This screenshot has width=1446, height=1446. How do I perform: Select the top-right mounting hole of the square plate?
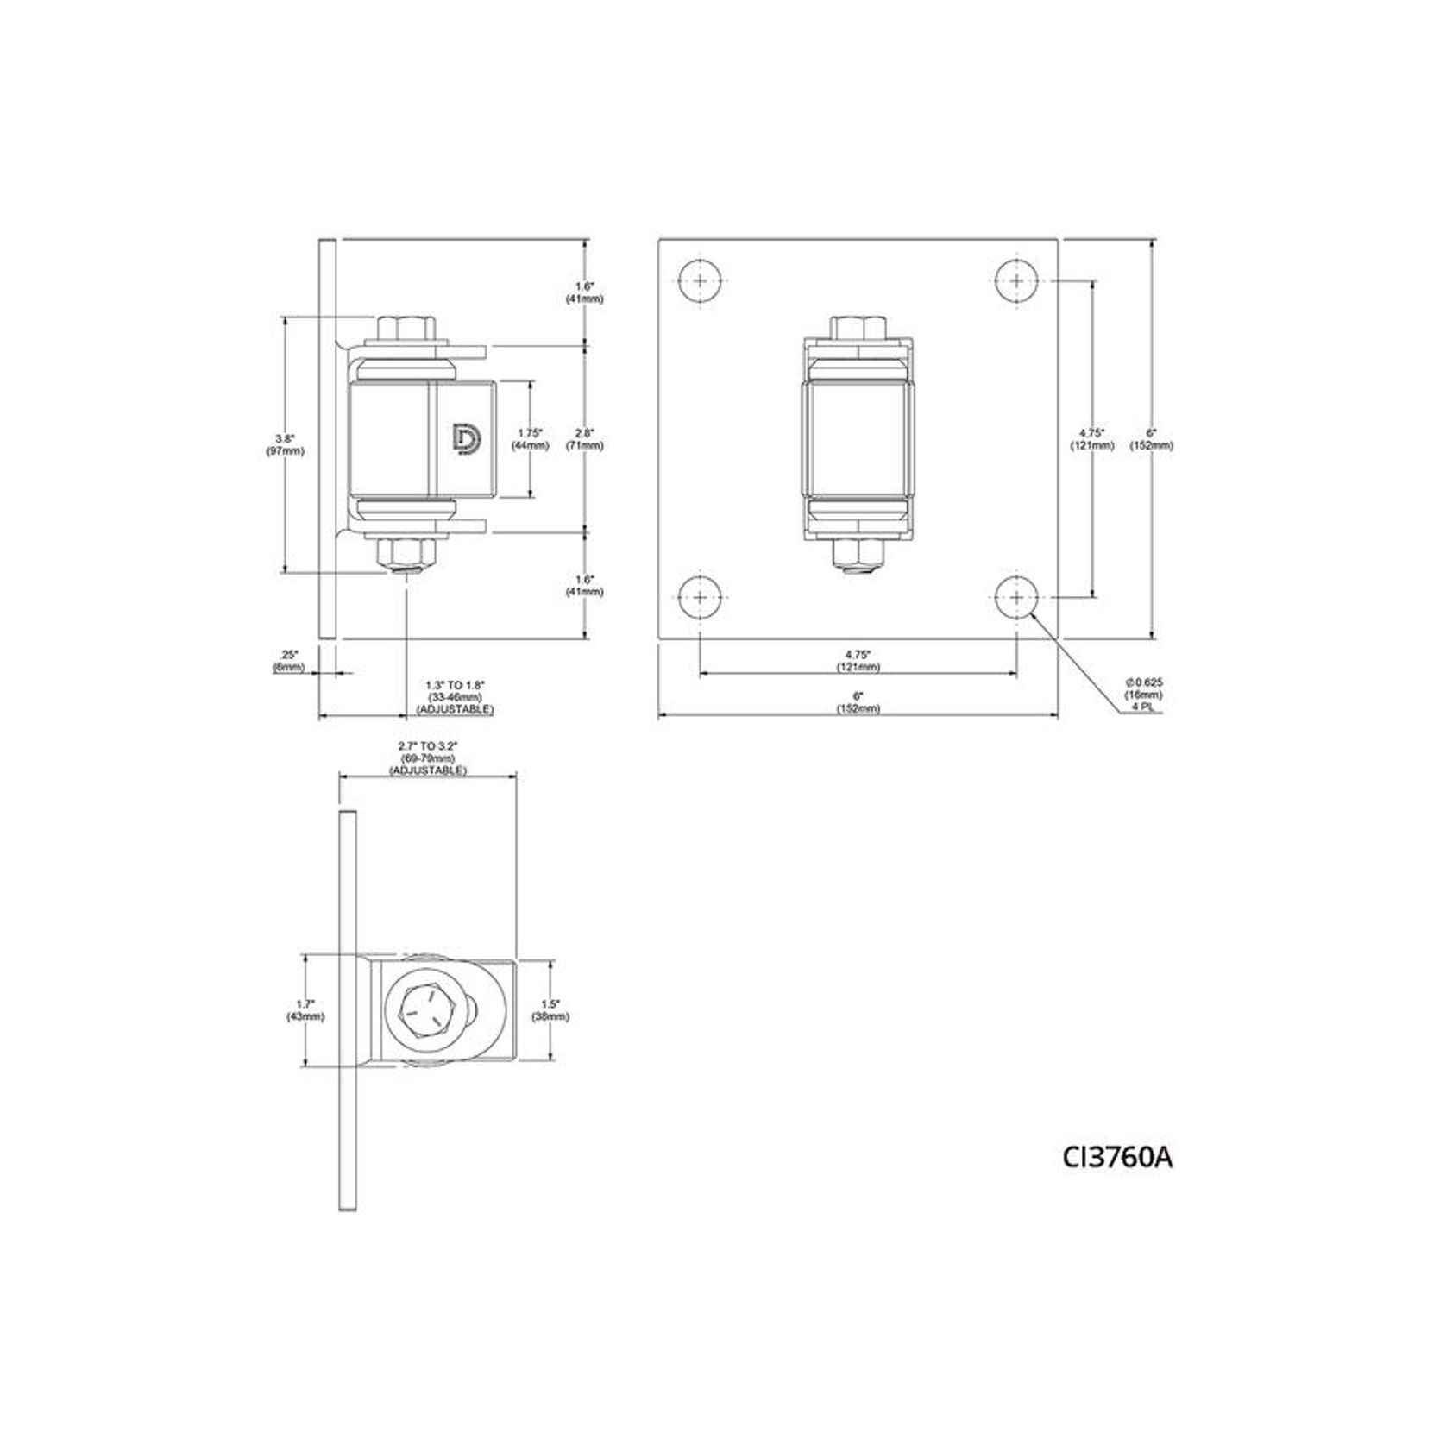pyautogui.click(x=1017, y=280)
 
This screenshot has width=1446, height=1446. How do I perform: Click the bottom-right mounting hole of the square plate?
pyautogui.click(x=1017, y=597)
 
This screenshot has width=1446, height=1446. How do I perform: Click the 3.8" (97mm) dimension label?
pyautogui.click(x=286, y=444)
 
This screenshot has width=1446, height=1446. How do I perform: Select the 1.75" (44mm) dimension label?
pyautogui.click(x=531, y=439)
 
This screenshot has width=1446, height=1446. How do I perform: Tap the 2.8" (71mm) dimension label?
pyautogui.click(x=585, y=439)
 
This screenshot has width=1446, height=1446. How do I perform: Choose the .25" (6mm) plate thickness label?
pyautogui.click(x=289, y=662)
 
